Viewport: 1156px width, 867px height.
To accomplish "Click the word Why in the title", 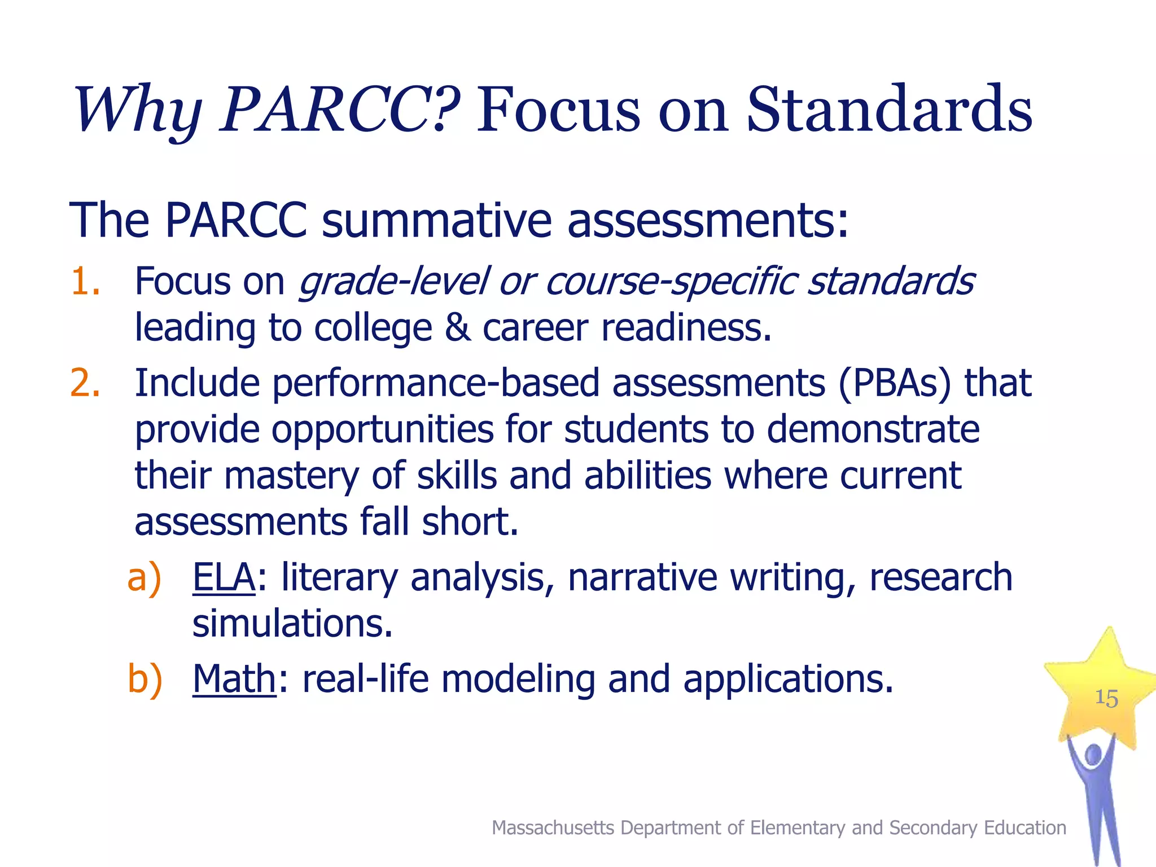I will pyautogui.click(x=138, y=110).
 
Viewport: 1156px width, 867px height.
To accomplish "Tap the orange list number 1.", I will pyautogui.click(x=85, y=282).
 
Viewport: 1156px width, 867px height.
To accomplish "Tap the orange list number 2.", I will pyautogui.click(x=85, y=383).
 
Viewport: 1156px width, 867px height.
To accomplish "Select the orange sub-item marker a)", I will pyautogui.click(x=144, y=578).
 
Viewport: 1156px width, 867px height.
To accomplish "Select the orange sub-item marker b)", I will pyautogui.click(x=144, y=679).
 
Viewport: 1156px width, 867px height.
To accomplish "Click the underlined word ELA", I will pyautogui.click(x=224, y=577).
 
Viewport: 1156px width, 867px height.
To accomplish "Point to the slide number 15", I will pyautogui.click(x=1106, y=698).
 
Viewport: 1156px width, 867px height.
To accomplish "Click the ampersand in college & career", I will pyautogui.click(x=457, y=328).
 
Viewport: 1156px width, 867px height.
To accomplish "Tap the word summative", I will pyautogui.click(x=436, y=220).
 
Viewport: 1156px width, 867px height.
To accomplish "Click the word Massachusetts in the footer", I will pyautogui.click(x=553, y=827).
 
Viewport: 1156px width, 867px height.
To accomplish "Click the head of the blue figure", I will pyautogui.click(x=1093, y=755).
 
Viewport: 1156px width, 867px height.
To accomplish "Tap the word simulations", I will pyautogui.click(x=292, y=624).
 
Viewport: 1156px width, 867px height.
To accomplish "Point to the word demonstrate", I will pyautogui.click(x=873, y=430).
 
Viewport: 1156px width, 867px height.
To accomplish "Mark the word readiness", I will pyautogui.click(x=686, y=328).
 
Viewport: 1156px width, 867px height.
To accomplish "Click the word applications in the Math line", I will pyautogui.click(x=788, y=679).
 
